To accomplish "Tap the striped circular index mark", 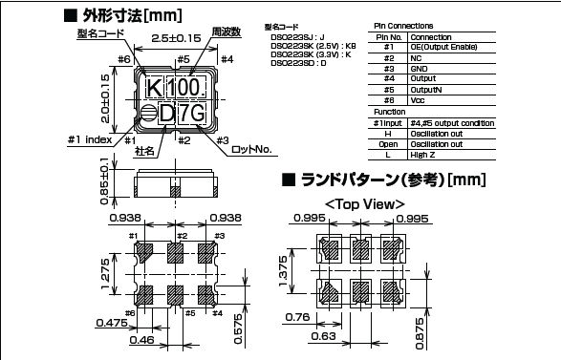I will tap(149, 114).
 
